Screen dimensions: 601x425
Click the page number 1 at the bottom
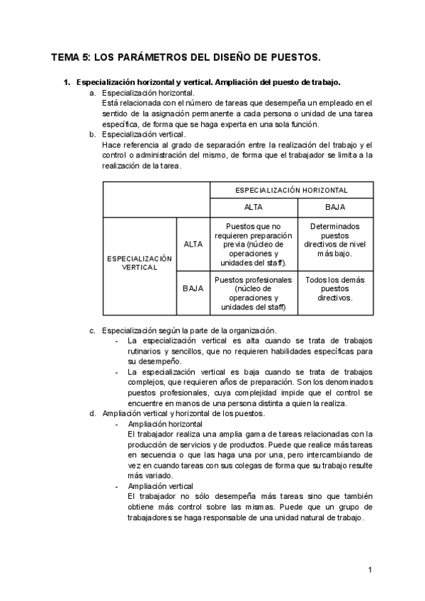[370, 569]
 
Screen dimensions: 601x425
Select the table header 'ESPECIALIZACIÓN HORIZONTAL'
[292, 191]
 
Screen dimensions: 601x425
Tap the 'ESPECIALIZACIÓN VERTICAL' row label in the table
[140, 263]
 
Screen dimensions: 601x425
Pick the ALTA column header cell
[254, 207]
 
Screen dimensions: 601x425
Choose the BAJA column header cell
[335, 207]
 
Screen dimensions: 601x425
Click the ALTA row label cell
[193, 244]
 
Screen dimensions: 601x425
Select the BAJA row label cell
[193, 288]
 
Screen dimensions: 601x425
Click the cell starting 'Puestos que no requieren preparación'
[254, 244]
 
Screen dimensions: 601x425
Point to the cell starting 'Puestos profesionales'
[254, 293]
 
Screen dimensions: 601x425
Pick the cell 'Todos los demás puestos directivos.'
[335, 288]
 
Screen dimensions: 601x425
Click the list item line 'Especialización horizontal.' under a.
[148, 93]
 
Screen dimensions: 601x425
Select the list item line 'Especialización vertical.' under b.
[144, 134]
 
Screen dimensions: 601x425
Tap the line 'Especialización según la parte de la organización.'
[188, 330]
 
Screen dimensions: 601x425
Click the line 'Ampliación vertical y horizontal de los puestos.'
[183, 412]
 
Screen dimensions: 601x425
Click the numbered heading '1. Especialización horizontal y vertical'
[205, 82]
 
